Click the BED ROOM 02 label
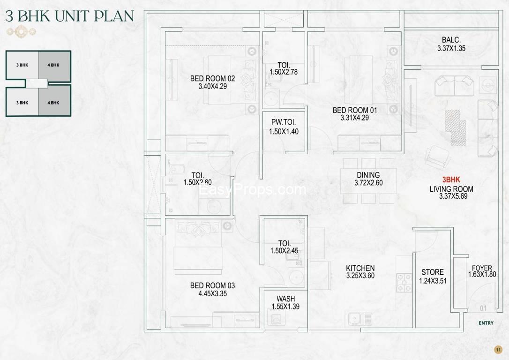pos(213,79)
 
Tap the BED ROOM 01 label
pos(355,110)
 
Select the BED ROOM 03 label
pos(212,285)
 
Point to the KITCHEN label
pos(360,269)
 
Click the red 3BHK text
pos(451,180)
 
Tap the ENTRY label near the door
pos(486,323)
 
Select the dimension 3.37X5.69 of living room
pos(453,196)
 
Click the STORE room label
pos(433,272)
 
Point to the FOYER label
pos(482,268)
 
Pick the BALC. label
pos(451,40)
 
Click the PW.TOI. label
pos(284,122)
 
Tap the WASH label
pos(285,299)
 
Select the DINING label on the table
pos(368,175)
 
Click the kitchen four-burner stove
pos(404,282)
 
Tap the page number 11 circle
pos(498,350)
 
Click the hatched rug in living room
pos(456,127)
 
